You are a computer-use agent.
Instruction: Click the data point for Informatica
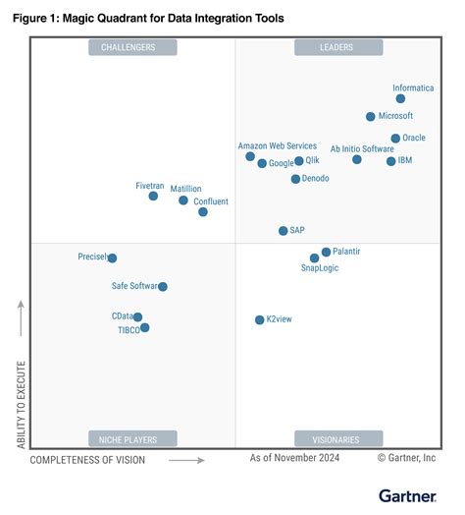(x=400, y=98)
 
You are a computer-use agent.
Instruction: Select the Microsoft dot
(x=370, y=116)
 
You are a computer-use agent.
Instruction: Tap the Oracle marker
(x=395, y=139)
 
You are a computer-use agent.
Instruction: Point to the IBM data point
(x=390, y=161)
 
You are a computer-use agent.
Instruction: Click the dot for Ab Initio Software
(x=357, y=159)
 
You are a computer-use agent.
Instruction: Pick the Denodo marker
(x=295, y=179)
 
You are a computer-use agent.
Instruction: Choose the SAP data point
(x=283, y=231)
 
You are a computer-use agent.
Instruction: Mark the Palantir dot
(x=326, y=253)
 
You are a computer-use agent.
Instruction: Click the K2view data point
(x=259, y=319)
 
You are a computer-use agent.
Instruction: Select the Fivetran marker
(x=153, y=196)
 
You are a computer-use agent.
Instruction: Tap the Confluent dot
(x=203, y=211)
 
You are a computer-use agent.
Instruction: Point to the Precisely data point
(x=112, y=258)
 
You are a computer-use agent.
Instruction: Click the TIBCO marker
(x=144, y=328)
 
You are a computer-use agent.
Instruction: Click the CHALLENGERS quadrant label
(x=133, y=47)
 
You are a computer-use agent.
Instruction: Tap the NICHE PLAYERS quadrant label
(x=133, y=438)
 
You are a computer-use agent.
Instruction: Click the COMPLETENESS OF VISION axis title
(x=87, y=459)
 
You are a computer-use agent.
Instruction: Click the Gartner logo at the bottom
(x=406, y=496)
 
